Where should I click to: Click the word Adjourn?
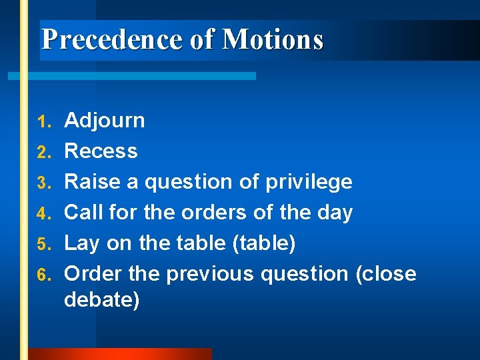pos(104,121)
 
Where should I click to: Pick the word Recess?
pos(101,151)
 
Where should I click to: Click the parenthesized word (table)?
pos(263,243)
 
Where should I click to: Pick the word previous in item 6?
pos(210,274)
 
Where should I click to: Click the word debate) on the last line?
pos(102,299)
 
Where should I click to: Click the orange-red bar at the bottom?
pos(120,354)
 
